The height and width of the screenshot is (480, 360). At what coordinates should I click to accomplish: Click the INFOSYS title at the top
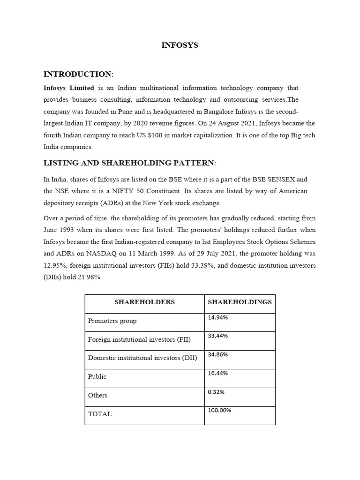(180, 45)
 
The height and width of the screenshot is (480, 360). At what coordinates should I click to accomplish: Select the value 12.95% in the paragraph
(54, 265)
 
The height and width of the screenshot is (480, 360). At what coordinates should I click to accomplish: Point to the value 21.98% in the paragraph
(89, 277)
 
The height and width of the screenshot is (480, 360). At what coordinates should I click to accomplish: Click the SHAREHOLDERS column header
(144, 302)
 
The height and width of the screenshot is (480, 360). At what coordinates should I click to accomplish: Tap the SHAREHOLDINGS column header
(240, 302)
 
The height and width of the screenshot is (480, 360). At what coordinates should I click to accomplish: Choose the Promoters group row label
(112, 321)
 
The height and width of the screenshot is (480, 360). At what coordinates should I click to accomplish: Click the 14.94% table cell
(218, 318)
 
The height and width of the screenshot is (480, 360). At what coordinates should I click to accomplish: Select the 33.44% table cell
(218, 336)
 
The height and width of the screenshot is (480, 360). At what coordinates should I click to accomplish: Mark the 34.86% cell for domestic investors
(218, 355)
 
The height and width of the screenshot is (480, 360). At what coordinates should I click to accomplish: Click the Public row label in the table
(97, 376)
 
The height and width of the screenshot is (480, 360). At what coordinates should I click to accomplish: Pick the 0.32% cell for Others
(216, 392)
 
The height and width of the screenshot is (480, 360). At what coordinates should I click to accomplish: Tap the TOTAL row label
(100, 414)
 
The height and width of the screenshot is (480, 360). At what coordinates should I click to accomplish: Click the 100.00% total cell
(219, 410)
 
